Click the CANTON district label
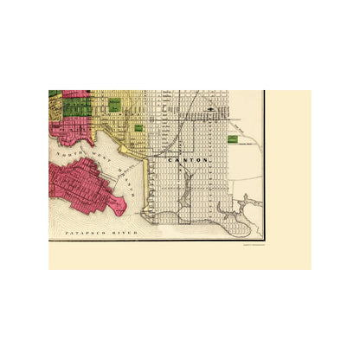170,160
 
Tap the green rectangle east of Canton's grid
232,138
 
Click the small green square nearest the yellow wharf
138,127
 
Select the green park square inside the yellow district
113,104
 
